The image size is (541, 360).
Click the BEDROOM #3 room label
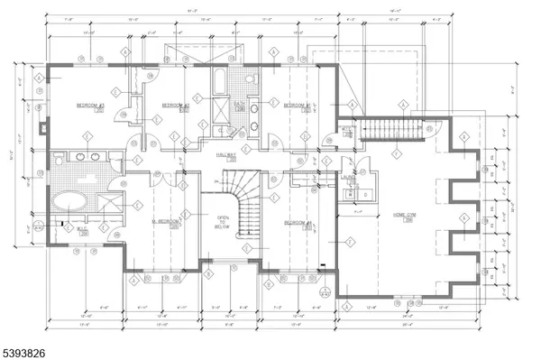[90, 106]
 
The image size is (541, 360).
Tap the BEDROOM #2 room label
[175, 106]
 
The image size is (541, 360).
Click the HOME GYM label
[402, 215]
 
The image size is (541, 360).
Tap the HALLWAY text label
[225, 155]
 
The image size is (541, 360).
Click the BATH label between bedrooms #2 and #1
[239, 105]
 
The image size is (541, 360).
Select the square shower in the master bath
[107, 199]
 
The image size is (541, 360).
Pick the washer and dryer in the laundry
[364, 193]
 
